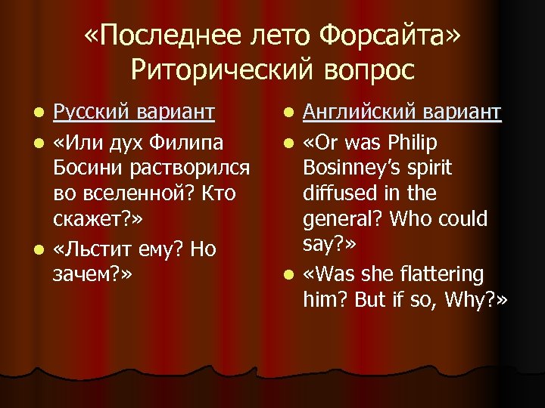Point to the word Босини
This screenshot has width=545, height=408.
(84, 168)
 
